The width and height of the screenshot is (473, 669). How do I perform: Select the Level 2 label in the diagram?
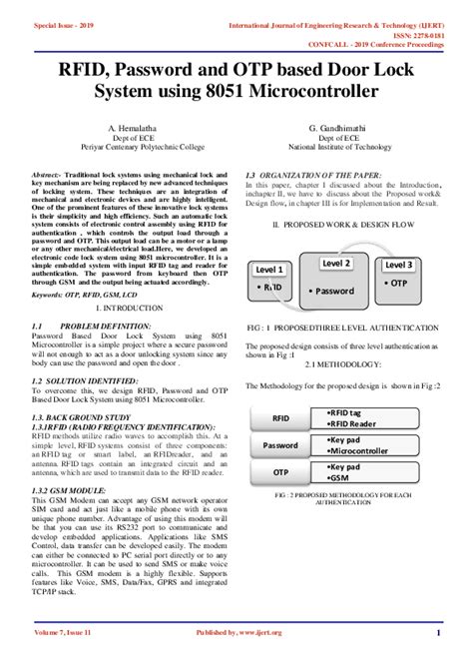[336, 263]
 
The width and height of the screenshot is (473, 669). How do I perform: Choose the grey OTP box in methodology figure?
[281, 471]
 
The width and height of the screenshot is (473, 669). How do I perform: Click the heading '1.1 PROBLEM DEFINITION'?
[91, 327]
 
